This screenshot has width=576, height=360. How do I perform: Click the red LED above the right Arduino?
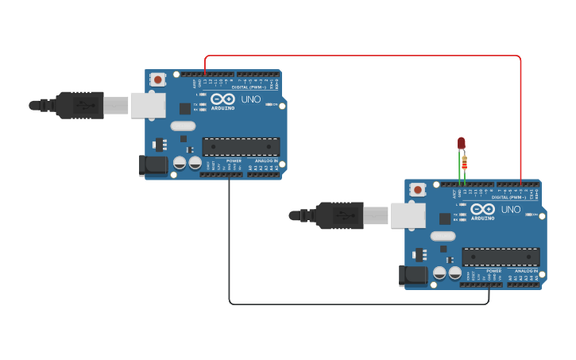[461, 143]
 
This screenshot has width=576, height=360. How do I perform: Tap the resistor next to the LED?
[465, 165]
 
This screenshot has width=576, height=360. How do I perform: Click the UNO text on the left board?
[251, 99]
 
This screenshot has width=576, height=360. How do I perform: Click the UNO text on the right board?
[511, 210]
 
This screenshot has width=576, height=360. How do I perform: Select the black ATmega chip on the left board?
[241, 146]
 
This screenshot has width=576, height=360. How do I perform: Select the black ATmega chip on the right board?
[501, 257]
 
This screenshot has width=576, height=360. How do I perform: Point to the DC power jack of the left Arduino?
[153, 165]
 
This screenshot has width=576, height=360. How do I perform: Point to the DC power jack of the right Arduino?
[413, 275]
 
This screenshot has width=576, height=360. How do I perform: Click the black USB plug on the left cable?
[79, 105]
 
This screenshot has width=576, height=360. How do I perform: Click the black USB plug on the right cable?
[339, 215]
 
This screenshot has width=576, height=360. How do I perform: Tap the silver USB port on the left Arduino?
[148, 105]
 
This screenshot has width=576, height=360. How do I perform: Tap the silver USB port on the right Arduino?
[408, 215]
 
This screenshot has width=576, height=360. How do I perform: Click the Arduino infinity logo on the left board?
[222, 99]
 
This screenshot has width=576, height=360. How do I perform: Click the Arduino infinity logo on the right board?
[482, 209]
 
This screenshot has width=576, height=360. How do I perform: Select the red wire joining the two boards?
[362, 56]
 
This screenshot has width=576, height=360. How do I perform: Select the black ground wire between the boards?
[358, 304]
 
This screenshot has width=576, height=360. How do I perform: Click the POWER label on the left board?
[234, 161]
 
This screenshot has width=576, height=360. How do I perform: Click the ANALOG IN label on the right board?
[525, 271]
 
